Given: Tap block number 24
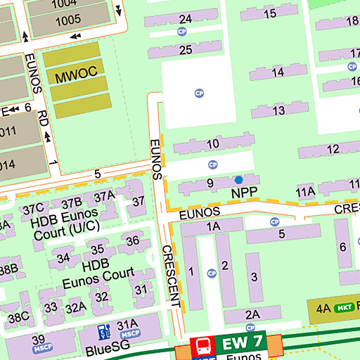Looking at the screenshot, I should tap(186, 18).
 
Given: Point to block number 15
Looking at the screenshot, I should tap(269, 13).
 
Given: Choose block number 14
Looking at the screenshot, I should tap(278, 72).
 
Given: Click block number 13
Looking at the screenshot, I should tap(279, 110).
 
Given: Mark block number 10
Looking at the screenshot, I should tap(212, 144).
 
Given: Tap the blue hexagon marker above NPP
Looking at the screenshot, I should tap(238, 180).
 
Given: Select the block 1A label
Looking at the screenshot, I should tap(213, 226).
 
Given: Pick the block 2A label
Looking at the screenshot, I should tap(252, 314).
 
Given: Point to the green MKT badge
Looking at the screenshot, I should tap(343, 308).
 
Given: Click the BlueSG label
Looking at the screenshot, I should tap(104, 349).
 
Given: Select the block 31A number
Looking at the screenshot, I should tap(127, 325).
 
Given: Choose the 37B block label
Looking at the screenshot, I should tap(72, 203).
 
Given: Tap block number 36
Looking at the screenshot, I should tap(132, 241).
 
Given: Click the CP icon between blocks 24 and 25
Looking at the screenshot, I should tap(183, 32).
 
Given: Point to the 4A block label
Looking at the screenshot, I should tap(323, 308).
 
